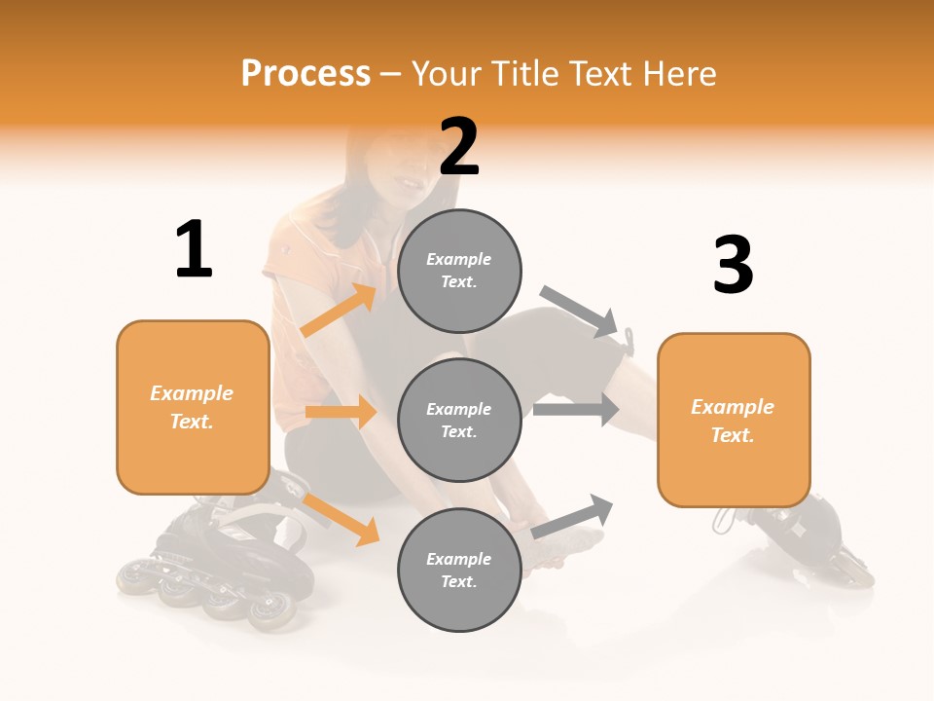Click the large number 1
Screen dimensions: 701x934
pos(194,250)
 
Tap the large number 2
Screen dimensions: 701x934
pos(459,147)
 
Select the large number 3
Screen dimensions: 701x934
pos(733,266)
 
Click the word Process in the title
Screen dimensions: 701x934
pos(305,74)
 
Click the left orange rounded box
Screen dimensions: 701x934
pos(193,407)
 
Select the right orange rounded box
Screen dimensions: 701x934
pos(734,420)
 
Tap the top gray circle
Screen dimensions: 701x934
pos(459,271)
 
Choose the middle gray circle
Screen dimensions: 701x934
pos(459,420)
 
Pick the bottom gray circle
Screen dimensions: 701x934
pos(459,570)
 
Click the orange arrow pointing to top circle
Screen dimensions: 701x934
pos(340,311)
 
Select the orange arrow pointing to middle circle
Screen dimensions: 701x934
pos(341,412)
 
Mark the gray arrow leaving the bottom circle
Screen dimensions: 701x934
pos(573,516)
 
